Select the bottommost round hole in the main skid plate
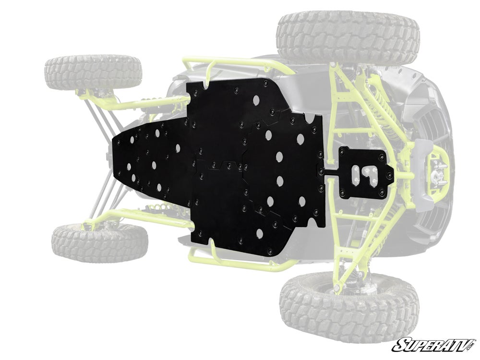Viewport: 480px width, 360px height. (259, 234)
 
